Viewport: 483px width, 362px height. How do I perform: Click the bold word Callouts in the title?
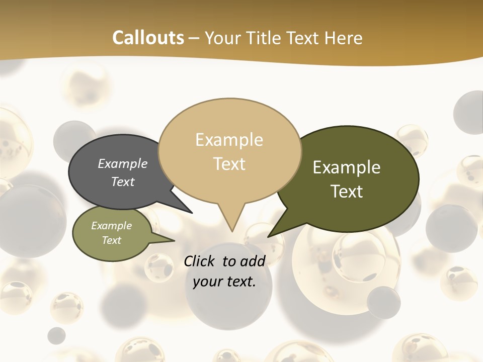tap(148, 38)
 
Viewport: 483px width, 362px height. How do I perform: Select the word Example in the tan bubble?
tap(229, 140)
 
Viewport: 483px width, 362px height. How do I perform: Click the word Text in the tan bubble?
tap(229, 163)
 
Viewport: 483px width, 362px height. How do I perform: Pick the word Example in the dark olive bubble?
tap(347, 167)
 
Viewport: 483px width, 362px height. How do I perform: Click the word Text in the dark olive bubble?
tap(347, 192)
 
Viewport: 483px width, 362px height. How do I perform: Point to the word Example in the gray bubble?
tap(122, 164)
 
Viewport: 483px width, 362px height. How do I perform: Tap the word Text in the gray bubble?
tap(122, 182)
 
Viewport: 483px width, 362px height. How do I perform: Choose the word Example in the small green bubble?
tap(111, 226)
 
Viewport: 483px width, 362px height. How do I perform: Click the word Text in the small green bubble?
tap(111, 240)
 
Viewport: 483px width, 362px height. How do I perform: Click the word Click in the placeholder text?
tap(200, 261)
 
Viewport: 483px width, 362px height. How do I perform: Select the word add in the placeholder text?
tap(253, 261)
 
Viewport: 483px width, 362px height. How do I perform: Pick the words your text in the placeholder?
tap(224, 282)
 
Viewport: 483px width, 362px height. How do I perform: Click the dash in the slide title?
tap(194, 38)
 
